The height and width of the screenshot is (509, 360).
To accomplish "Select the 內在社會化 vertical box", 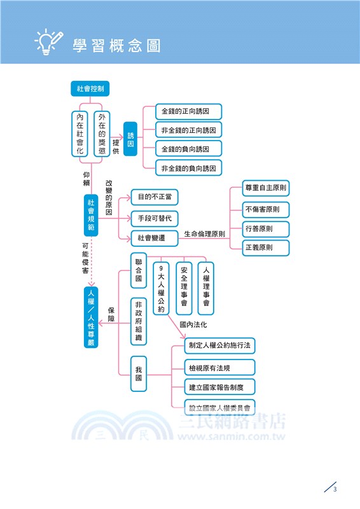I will pyautogui.click(x=80, y=134).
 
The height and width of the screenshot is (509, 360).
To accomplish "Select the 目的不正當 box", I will pyautogui.click(x=155, y=196).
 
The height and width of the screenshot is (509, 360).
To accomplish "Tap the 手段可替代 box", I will pyautogui.click(x=155, y=218).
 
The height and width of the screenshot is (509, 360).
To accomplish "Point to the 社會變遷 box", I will pyautogui.click(x=155, y=238).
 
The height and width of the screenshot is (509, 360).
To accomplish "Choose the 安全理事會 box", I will pyautogui.click(x=184, y=288).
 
